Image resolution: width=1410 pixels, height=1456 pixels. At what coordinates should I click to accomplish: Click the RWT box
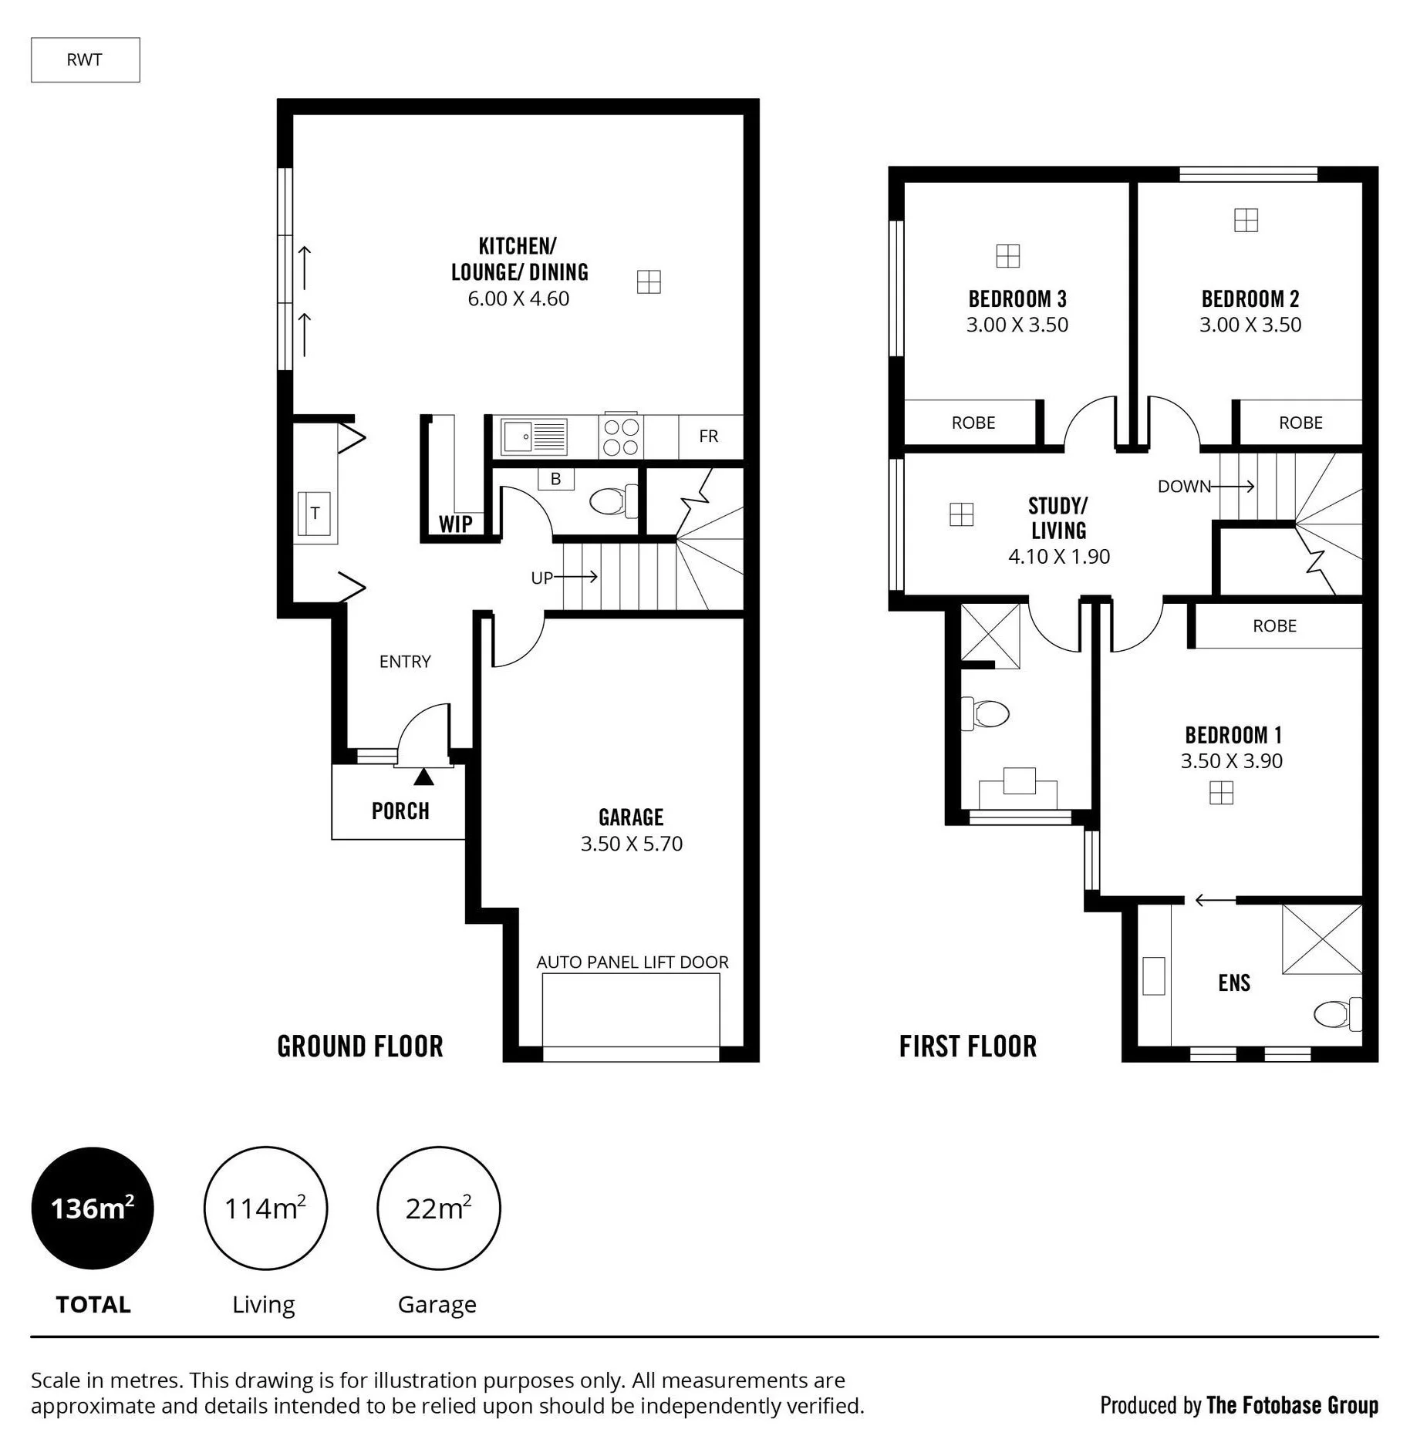click(85, 60)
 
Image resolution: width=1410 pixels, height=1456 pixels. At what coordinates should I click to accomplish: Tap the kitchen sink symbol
click(534, 436)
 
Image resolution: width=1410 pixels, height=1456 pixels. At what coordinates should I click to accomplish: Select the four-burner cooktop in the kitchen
click(621, 436)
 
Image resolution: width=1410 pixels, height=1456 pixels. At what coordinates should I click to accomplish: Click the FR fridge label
click(708, 436)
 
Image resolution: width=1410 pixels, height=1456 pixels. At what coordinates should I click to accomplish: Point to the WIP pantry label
click(455, 524)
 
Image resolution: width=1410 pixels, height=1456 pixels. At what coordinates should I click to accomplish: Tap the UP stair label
click(541, 578)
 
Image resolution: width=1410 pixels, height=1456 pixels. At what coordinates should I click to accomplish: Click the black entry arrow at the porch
click(423, 777)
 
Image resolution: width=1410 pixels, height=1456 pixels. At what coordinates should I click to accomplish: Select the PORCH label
click(400, 811)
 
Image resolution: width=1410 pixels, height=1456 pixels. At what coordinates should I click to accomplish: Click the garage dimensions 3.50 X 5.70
click(632, 844)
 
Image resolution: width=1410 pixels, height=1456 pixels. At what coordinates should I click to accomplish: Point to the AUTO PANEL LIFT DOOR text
click(632, 962)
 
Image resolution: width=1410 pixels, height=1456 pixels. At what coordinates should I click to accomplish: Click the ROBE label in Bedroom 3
click(973, 423)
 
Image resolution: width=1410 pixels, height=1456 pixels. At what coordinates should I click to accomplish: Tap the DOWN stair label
click(1184, 487)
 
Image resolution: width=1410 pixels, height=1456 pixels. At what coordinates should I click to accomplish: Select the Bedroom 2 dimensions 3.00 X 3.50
click(1250, 325)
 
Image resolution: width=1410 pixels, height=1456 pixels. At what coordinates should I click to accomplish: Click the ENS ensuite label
click(1234, 982)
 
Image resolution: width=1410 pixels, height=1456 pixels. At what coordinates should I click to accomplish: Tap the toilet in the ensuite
click(1337, 1013)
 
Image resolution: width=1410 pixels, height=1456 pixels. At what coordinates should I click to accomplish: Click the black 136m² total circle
click(93, 1208)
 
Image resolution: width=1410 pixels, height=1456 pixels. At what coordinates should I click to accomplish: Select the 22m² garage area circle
click(438, 1208)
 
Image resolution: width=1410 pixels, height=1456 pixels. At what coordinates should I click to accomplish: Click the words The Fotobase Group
click(1293, 1405)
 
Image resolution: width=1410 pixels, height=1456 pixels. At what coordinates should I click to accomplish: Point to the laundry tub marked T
click(315, 513)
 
